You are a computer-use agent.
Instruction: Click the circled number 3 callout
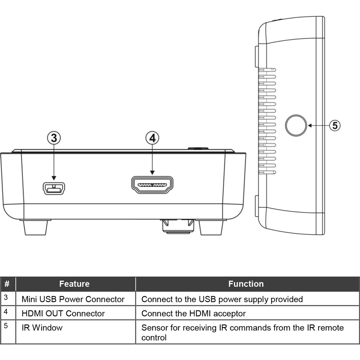pos(54,138)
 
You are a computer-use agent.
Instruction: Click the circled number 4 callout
pos(152,138)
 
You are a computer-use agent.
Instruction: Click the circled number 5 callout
pos(335,126)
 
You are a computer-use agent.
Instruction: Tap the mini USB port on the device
pos(54,189)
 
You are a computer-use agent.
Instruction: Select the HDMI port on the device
pos(152,185)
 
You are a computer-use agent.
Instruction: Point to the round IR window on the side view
pos(296,125)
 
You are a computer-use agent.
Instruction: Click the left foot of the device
pos(36,227)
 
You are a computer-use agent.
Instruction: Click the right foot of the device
pos(211,227)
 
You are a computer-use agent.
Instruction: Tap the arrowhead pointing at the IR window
pos(310,126)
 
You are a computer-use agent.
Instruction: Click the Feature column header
pos(75,284)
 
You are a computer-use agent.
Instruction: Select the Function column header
pos(246,284)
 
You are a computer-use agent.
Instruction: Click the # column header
pos(7,284)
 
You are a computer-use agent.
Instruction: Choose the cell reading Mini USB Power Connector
pos(73,299)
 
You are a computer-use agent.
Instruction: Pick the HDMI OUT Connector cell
pos(63,314)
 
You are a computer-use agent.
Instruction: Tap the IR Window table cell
pos(42,328)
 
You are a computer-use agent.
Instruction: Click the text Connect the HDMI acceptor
pos(194,314)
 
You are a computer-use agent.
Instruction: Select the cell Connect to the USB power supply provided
pos(222,299)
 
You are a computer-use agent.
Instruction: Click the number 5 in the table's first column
pos(6,325)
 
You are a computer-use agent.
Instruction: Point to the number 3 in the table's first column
pos(6,297)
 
